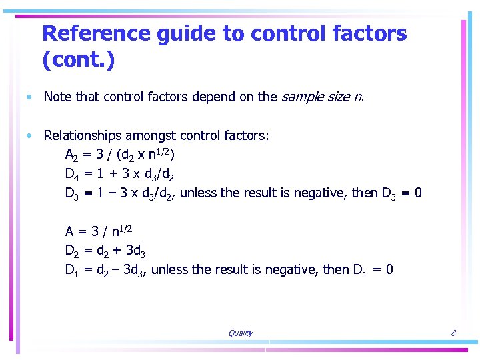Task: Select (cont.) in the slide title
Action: [x=78, y=61]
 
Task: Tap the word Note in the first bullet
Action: [x=58, y=97]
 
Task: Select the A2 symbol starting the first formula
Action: [x=73, y=156]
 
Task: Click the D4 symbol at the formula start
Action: [x=73, y=175]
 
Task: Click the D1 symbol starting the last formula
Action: [x=73, y=271]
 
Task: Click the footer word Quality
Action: [x=240, y=333]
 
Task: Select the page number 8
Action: [x=453, y=333]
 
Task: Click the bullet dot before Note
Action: [x=30, y=97]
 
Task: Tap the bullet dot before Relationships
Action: [x=30, y=136]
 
